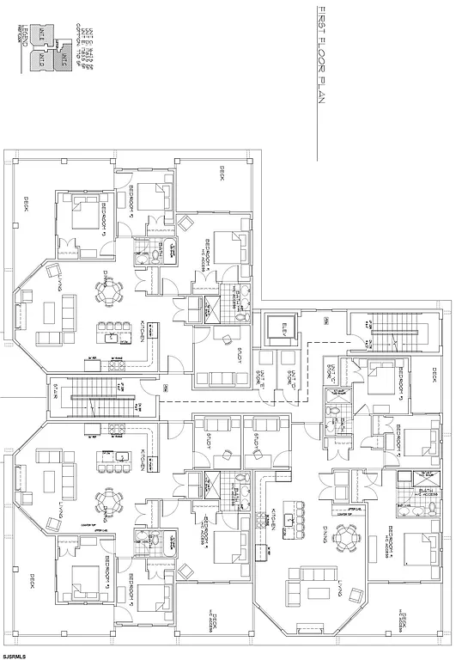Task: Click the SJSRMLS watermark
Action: (15, 656)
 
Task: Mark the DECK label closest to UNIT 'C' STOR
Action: (434, 376)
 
